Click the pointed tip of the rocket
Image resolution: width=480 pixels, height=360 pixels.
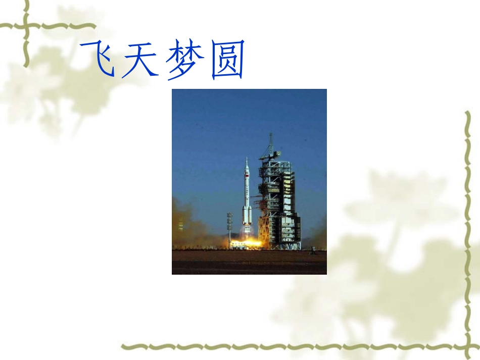(x=247, y=159)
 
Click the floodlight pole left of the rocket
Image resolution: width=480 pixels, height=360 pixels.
(x=229, y=227)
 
